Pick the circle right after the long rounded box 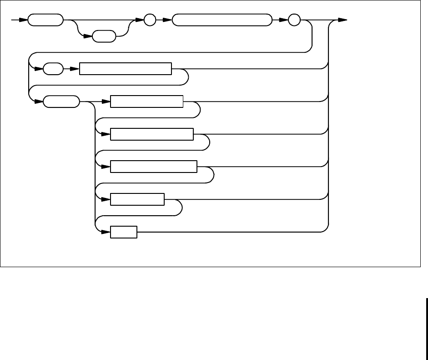[x=294, y=20]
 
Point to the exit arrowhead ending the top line [x=343, y=20]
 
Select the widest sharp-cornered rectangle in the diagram [x=126, y=69]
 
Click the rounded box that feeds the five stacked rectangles [x=60, y=101]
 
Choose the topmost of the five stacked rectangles [x=146, y=101]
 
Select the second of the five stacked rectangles [x=152, y=134]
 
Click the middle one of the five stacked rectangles [x=154, y=167]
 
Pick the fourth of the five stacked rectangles [x=137, y=199]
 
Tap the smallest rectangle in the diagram [x=124, y=232]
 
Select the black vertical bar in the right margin [x=426, y=320]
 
